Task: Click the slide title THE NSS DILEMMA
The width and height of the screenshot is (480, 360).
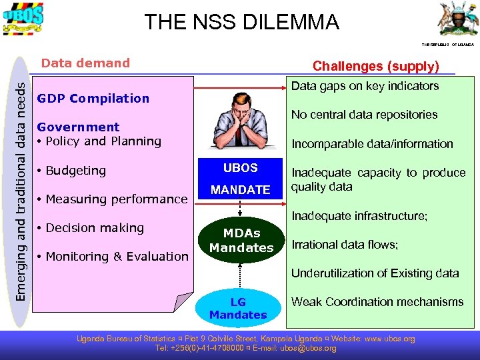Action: [x=242, y=22]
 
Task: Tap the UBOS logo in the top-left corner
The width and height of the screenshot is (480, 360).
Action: [x=23, y=19]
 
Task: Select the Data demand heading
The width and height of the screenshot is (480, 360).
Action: [x=85, y=63]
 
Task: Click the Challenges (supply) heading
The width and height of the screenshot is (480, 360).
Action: [x=376, y=66]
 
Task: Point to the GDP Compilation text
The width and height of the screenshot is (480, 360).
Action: [x=93, y=99]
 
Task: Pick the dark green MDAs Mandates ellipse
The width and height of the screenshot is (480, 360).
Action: [x=241, y=241]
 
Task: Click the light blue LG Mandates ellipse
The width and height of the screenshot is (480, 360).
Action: [x=238, y=309]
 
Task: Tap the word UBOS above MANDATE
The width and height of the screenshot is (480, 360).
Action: [x=240, y=168]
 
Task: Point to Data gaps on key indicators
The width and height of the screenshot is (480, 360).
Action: [x=365, y=86]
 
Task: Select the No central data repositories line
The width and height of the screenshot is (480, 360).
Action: [x=364, y=115]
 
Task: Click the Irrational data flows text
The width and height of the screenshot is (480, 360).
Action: [x=345, y=245]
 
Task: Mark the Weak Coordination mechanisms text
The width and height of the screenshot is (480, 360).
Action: [x=377, y=302]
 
